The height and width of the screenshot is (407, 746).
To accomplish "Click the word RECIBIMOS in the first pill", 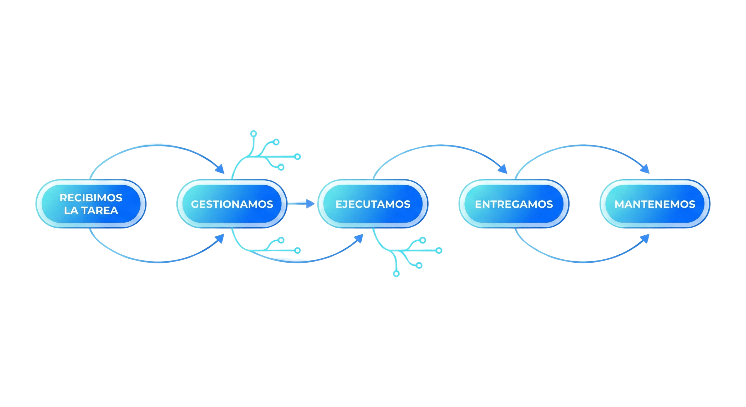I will tap(91, 198).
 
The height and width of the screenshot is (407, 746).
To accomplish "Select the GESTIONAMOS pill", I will tap(232, 204).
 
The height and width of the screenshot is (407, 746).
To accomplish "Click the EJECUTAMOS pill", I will tap(373, 204).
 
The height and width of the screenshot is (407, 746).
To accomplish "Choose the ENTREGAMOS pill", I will tap(514, 204).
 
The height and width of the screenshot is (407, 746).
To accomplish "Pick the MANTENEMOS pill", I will tap(655, 204).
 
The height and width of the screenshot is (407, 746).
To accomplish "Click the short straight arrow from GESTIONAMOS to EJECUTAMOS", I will tap(301, 204).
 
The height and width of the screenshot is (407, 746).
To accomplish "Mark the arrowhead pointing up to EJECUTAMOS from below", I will tap(359, 238).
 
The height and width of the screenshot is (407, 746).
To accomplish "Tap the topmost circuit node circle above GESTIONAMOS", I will tap(254, 134).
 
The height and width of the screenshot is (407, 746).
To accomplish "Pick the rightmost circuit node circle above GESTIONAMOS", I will tap(297, 157).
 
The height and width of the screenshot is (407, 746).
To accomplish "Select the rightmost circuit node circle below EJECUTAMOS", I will tap(439, 250).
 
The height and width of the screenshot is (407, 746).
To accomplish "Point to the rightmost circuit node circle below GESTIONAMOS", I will tap(297, 250).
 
